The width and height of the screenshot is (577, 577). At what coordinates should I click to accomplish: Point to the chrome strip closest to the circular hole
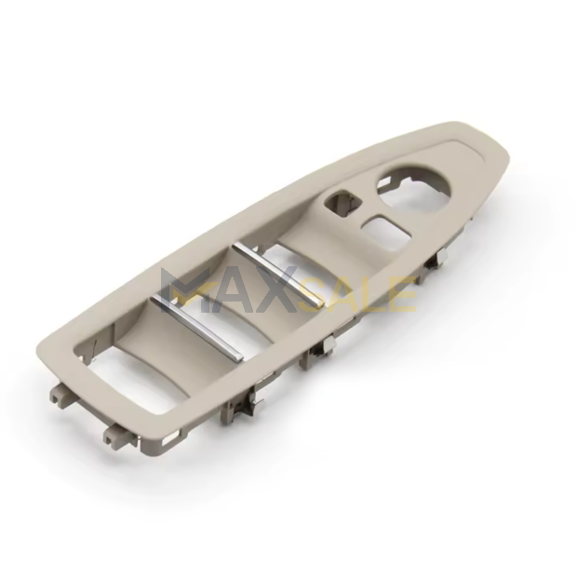point(279,273)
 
